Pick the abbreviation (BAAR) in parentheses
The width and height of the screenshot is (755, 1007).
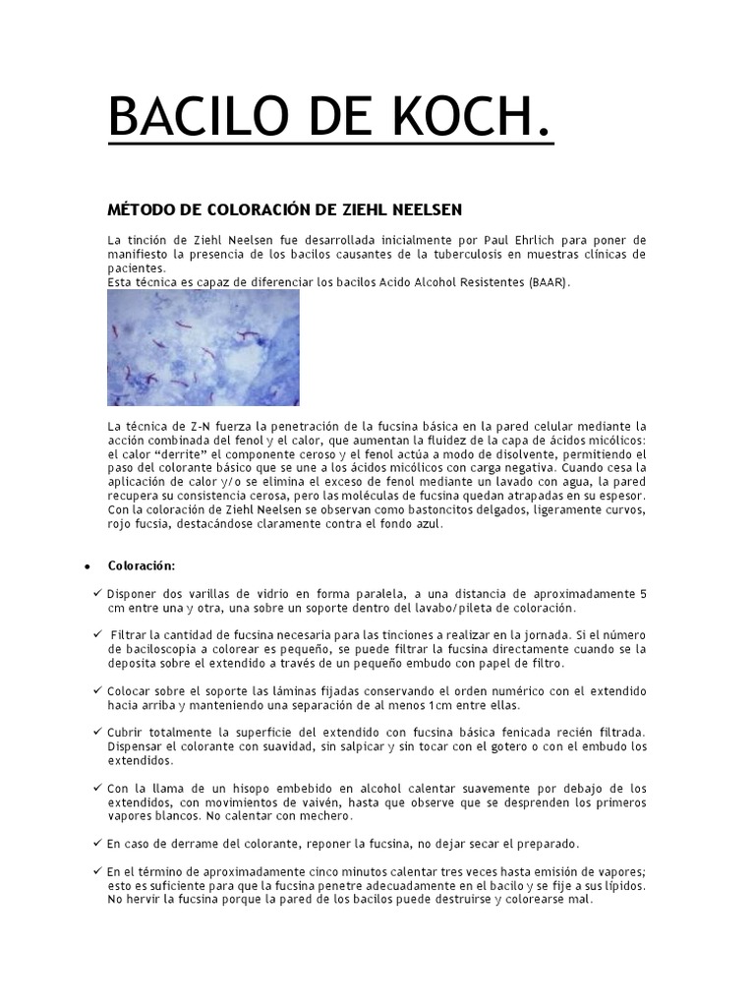coord(548,282)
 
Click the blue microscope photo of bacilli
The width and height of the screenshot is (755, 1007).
coord(203,347)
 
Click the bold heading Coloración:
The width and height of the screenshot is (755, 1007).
coord(142,566)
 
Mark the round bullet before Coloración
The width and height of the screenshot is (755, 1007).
coord(87,567)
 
